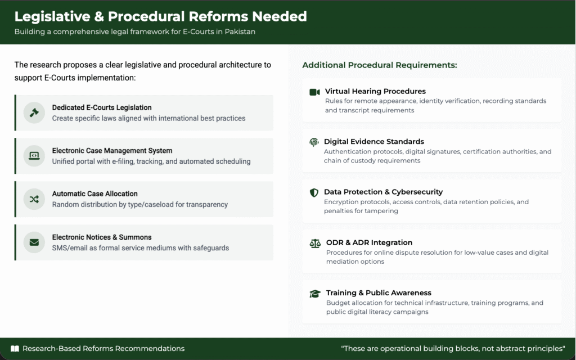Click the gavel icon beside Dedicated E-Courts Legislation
(x=34, y=112)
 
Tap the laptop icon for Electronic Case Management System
(x=34, y=156)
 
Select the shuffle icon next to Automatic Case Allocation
(x=34, y=199)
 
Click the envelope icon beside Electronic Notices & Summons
(x=34, y=242)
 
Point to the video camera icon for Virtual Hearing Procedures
(x=314, y=92)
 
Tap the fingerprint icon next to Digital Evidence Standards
(x=314, y=142)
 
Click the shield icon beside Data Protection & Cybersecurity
(x=314, y=192)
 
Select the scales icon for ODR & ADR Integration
(x=315, y=243)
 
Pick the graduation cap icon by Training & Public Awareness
(x=315, y=294)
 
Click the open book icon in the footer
(x=15, y=349)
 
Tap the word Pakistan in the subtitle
(x=240, y=31)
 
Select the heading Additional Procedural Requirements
(x=380, y=65)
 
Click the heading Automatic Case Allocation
(x=94, y=193)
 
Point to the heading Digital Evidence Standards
(x=374, y=141)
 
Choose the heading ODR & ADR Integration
(x=369, y=242)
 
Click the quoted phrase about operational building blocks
(x=453, y=349)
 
